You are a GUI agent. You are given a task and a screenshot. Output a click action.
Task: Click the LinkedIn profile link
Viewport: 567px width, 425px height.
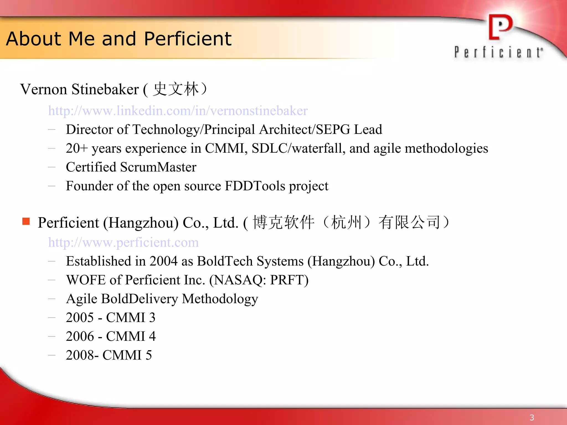tap(178, 111)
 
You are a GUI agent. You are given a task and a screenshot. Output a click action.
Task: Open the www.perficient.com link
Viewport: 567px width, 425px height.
tap(123, 242)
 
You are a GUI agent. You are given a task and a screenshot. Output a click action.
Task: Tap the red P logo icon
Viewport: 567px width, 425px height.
tap(500, 27)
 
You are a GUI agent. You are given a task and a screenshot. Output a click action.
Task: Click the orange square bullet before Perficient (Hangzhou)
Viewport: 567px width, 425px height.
tap(26, 221)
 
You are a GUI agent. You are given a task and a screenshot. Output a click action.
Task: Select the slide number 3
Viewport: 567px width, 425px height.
tap(532, 418)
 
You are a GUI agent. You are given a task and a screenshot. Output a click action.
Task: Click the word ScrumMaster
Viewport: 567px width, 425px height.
tap(158, 167)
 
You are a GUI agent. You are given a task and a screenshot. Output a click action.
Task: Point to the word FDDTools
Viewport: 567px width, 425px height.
tap(255, 186)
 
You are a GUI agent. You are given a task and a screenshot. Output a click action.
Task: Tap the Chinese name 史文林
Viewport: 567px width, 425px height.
tap(176, 89)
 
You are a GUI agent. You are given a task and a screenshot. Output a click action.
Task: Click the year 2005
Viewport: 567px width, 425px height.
tap(80, 318)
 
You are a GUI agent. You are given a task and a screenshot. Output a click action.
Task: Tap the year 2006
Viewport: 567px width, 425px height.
tap(80, 336)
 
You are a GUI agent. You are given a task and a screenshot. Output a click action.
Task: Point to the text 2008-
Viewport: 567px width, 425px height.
tap(82, 355)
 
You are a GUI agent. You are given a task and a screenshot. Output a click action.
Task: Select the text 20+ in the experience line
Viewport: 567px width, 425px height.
tap(77, 148)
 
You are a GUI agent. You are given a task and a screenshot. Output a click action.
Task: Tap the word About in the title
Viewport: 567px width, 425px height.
tap(33, 39)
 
